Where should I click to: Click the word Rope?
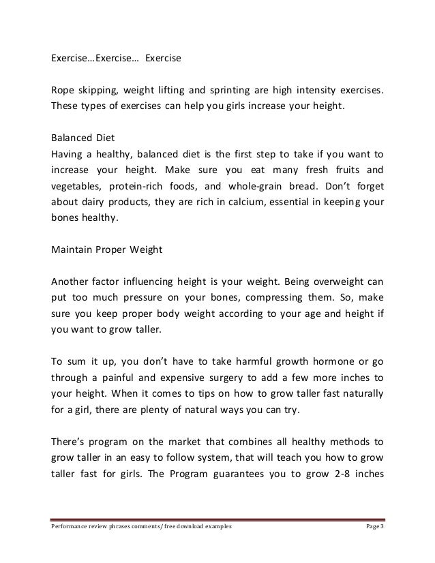[63, 91]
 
